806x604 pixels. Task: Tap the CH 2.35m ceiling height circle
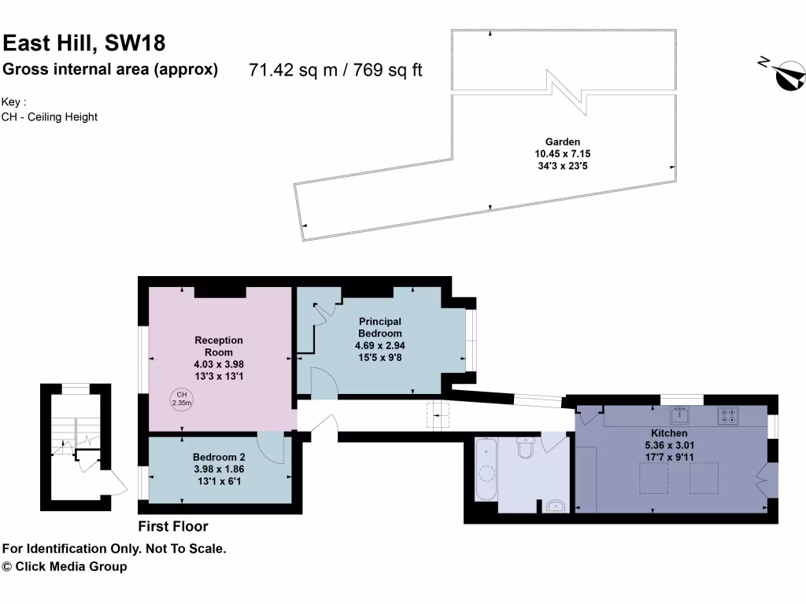click(182, 399)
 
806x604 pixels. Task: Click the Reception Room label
click(219, 346)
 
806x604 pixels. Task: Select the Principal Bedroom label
click(380, 327)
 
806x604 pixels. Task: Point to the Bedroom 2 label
click(219, 457)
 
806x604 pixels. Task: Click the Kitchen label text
click(669, 433)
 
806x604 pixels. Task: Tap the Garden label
click(563, 142)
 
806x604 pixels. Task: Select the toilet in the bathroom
click(525, 448)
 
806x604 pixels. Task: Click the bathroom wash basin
click(557, 506)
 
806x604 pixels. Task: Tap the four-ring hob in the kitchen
click(727, 415)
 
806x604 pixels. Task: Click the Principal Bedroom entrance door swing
click(324, 381)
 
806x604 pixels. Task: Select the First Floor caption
click(173, 526)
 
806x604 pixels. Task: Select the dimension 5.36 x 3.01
click(669, 444)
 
